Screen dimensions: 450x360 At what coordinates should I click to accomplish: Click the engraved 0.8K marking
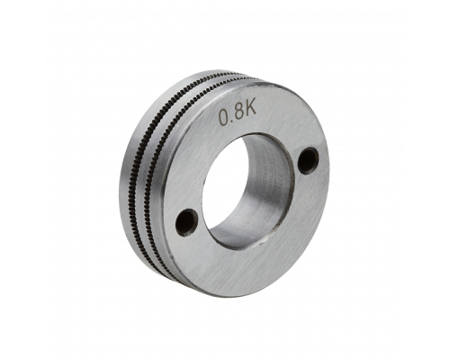(x=238, y=113)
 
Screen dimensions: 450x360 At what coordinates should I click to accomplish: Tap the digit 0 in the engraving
(x=225, y=117)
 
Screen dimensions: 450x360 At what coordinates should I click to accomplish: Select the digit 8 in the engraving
(x=239, y=112)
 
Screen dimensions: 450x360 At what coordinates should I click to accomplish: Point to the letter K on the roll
(x=251, y=109)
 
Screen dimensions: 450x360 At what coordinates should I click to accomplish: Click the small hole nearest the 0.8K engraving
(x=308, y=160)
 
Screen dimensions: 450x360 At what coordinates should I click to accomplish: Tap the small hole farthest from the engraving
(x=186, y=222)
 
